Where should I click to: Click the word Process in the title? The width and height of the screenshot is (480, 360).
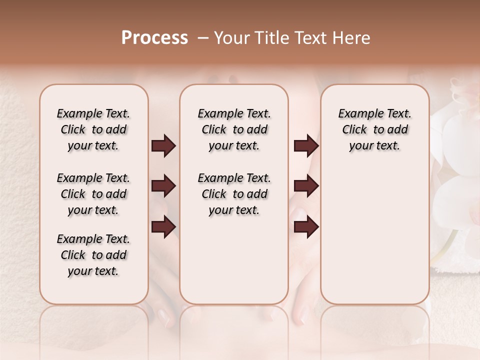click(x=154, y=38)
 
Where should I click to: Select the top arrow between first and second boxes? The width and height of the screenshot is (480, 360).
click(x=163, y=145)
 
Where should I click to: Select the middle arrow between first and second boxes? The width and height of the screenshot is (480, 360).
click(x=163, y=186)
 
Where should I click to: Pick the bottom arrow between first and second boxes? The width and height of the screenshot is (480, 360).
click(x=163, y=226)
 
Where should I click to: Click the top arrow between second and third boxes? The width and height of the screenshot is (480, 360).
click(x=306, y=145)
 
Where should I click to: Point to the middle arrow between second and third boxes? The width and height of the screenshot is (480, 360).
click(x=306, y=186)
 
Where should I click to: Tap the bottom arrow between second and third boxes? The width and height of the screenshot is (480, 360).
click(x=306, y=226)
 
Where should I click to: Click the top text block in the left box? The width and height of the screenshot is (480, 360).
click(x=93, y=129)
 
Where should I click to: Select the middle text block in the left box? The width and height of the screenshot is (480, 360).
click(x=93, y=194)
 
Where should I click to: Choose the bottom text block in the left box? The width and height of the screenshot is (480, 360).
click(x=93, y=255)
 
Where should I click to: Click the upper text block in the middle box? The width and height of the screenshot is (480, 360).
click(x=234, y=129)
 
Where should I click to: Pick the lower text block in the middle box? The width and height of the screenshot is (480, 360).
click(x=234, y=194)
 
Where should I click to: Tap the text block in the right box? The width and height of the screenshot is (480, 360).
click(x=375, y=129)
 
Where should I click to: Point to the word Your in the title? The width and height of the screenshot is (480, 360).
click(x=230, y=38)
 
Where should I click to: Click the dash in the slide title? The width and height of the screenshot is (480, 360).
click(x=203, y=38)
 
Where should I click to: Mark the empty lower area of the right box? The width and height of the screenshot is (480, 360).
click(x=375, y=235)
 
